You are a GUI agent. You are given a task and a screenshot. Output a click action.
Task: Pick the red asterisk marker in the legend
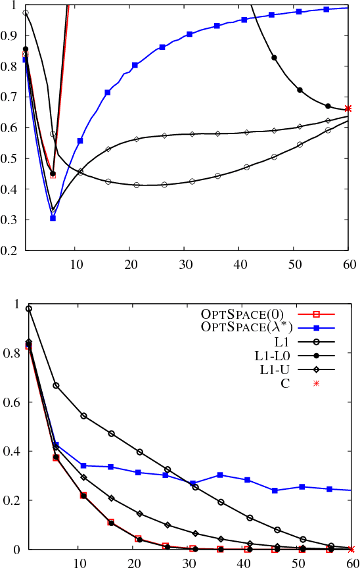(316, 384)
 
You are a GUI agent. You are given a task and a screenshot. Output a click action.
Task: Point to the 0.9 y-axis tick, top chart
(11, 35)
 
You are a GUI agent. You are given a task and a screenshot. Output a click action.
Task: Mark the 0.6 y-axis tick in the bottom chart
(11, 402)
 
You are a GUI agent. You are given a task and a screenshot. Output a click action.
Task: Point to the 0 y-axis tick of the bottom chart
(16, 549)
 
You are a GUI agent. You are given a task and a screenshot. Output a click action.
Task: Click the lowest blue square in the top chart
(53, 218)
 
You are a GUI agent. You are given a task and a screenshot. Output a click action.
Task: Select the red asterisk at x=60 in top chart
(348, 108)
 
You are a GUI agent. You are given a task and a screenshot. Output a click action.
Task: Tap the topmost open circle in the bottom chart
(28, 308)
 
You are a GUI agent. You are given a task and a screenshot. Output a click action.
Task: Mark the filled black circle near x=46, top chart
(274, 58)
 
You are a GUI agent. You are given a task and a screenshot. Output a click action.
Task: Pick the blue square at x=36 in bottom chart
(221, 475)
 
